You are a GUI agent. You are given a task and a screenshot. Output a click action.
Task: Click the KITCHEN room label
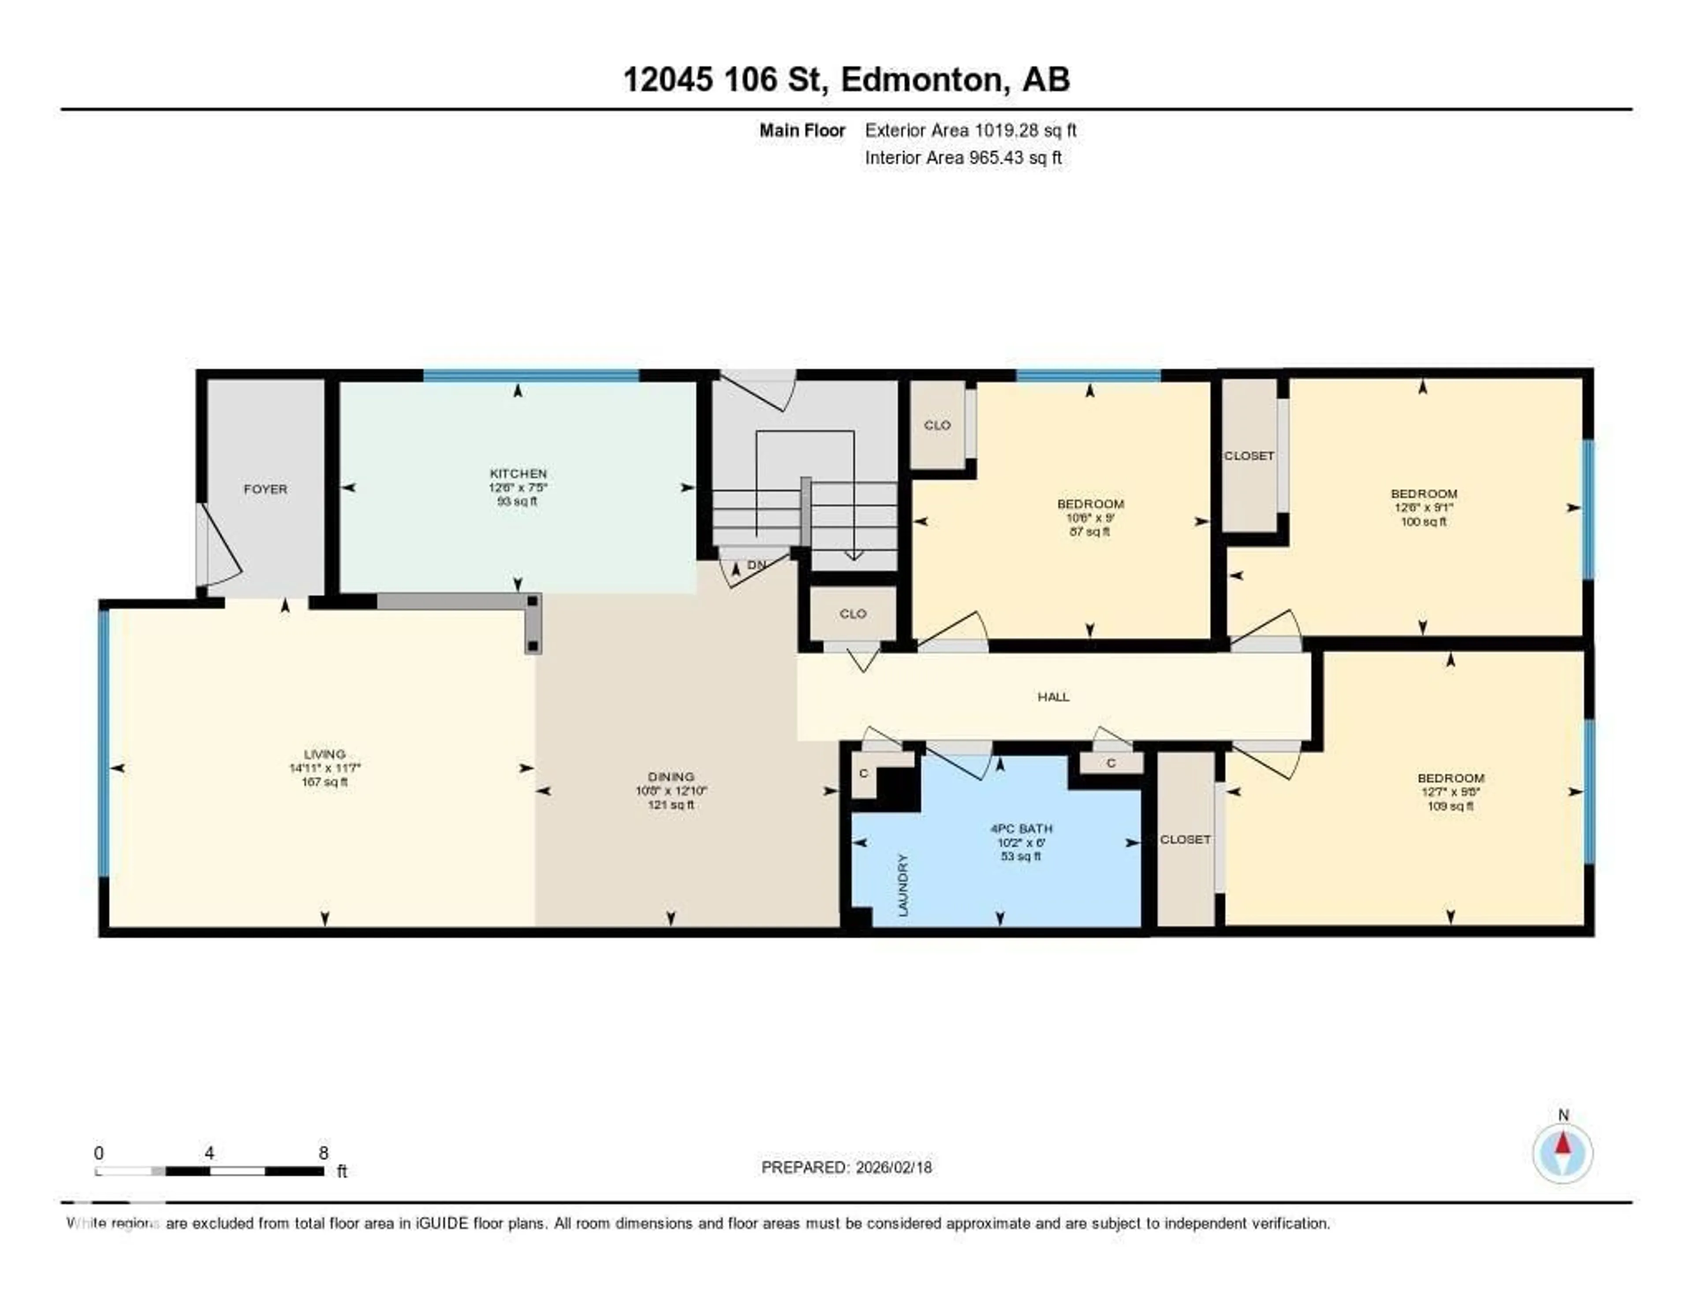[x=518, y=473]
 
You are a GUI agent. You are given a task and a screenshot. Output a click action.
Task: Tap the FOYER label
[x=265, y=489]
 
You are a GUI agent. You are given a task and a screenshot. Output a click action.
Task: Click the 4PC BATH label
[x=1020, y=828]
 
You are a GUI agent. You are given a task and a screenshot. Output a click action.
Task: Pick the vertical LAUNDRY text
[x=902, y=886]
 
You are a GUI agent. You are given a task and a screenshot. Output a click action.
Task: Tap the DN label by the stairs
[x=756, y=565]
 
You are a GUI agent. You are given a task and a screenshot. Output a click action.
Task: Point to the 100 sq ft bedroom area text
[x=1423, y=522]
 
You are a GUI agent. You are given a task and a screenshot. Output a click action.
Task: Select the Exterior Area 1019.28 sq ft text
[x=970, y=130]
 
